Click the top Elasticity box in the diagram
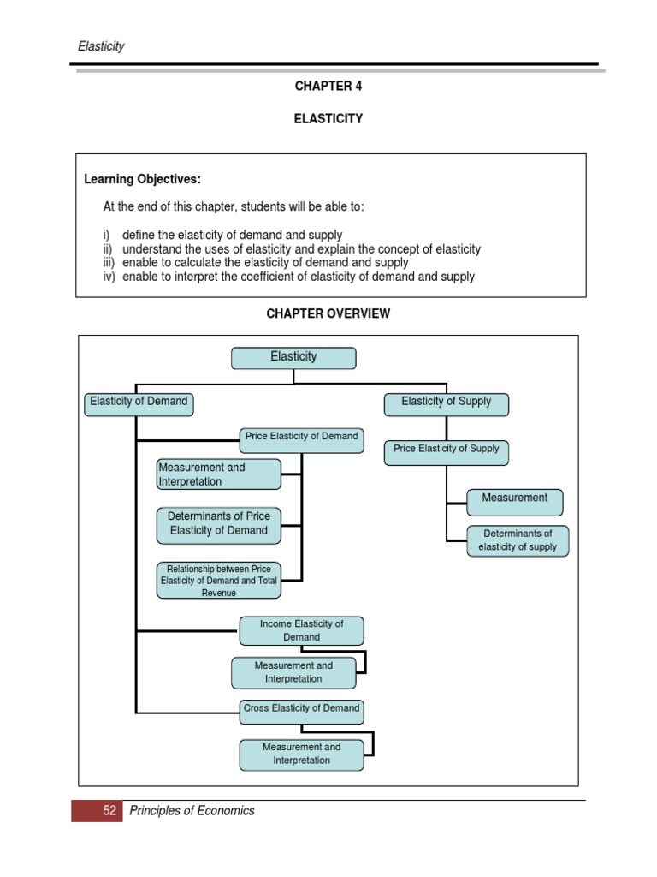pos(293,357)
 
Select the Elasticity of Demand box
pos(139,403)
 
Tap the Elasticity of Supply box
pos(446,403)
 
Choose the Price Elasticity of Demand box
pos(301,439)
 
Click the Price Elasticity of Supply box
pos(446,451)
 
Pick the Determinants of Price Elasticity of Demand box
pos(218,525)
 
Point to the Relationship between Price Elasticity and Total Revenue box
pos(218,581)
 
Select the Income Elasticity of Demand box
pos(301,631)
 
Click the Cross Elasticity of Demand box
pos(301,711)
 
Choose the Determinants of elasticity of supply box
pos(518,540)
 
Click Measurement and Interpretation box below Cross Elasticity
pos(301,754)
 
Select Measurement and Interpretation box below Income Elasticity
pos(293,672)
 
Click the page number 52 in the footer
pos(109,811)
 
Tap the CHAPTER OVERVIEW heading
pos(328,314)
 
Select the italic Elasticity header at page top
pos(101,46)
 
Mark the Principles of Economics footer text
pos(192,811)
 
